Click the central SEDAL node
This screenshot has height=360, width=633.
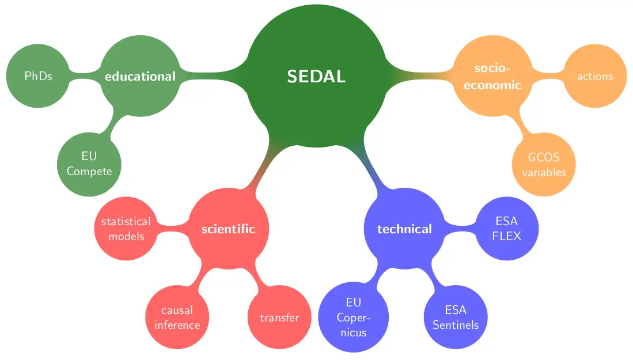316,77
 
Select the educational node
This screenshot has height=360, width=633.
140,76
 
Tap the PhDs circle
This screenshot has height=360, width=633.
38,76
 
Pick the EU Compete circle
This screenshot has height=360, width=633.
89,164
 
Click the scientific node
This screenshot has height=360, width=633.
228,229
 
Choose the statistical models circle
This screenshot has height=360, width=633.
126,229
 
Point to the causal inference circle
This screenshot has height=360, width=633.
177,317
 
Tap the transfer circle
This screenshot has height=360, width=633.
279,317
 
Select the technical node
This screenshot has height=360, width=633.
404,229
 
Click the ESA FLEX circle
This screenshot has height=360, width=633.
507,229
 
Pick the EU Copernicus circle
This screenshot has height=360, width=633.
353,317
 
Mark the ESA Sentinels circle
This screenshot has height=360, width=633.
456,317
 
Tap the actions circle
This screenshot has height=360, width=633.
594,76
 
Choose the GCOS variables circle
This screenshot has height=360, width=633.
543,165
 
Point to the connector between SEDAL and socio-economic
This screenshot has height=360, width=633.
420,77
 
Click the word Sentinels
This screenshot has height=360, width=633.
456,325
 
